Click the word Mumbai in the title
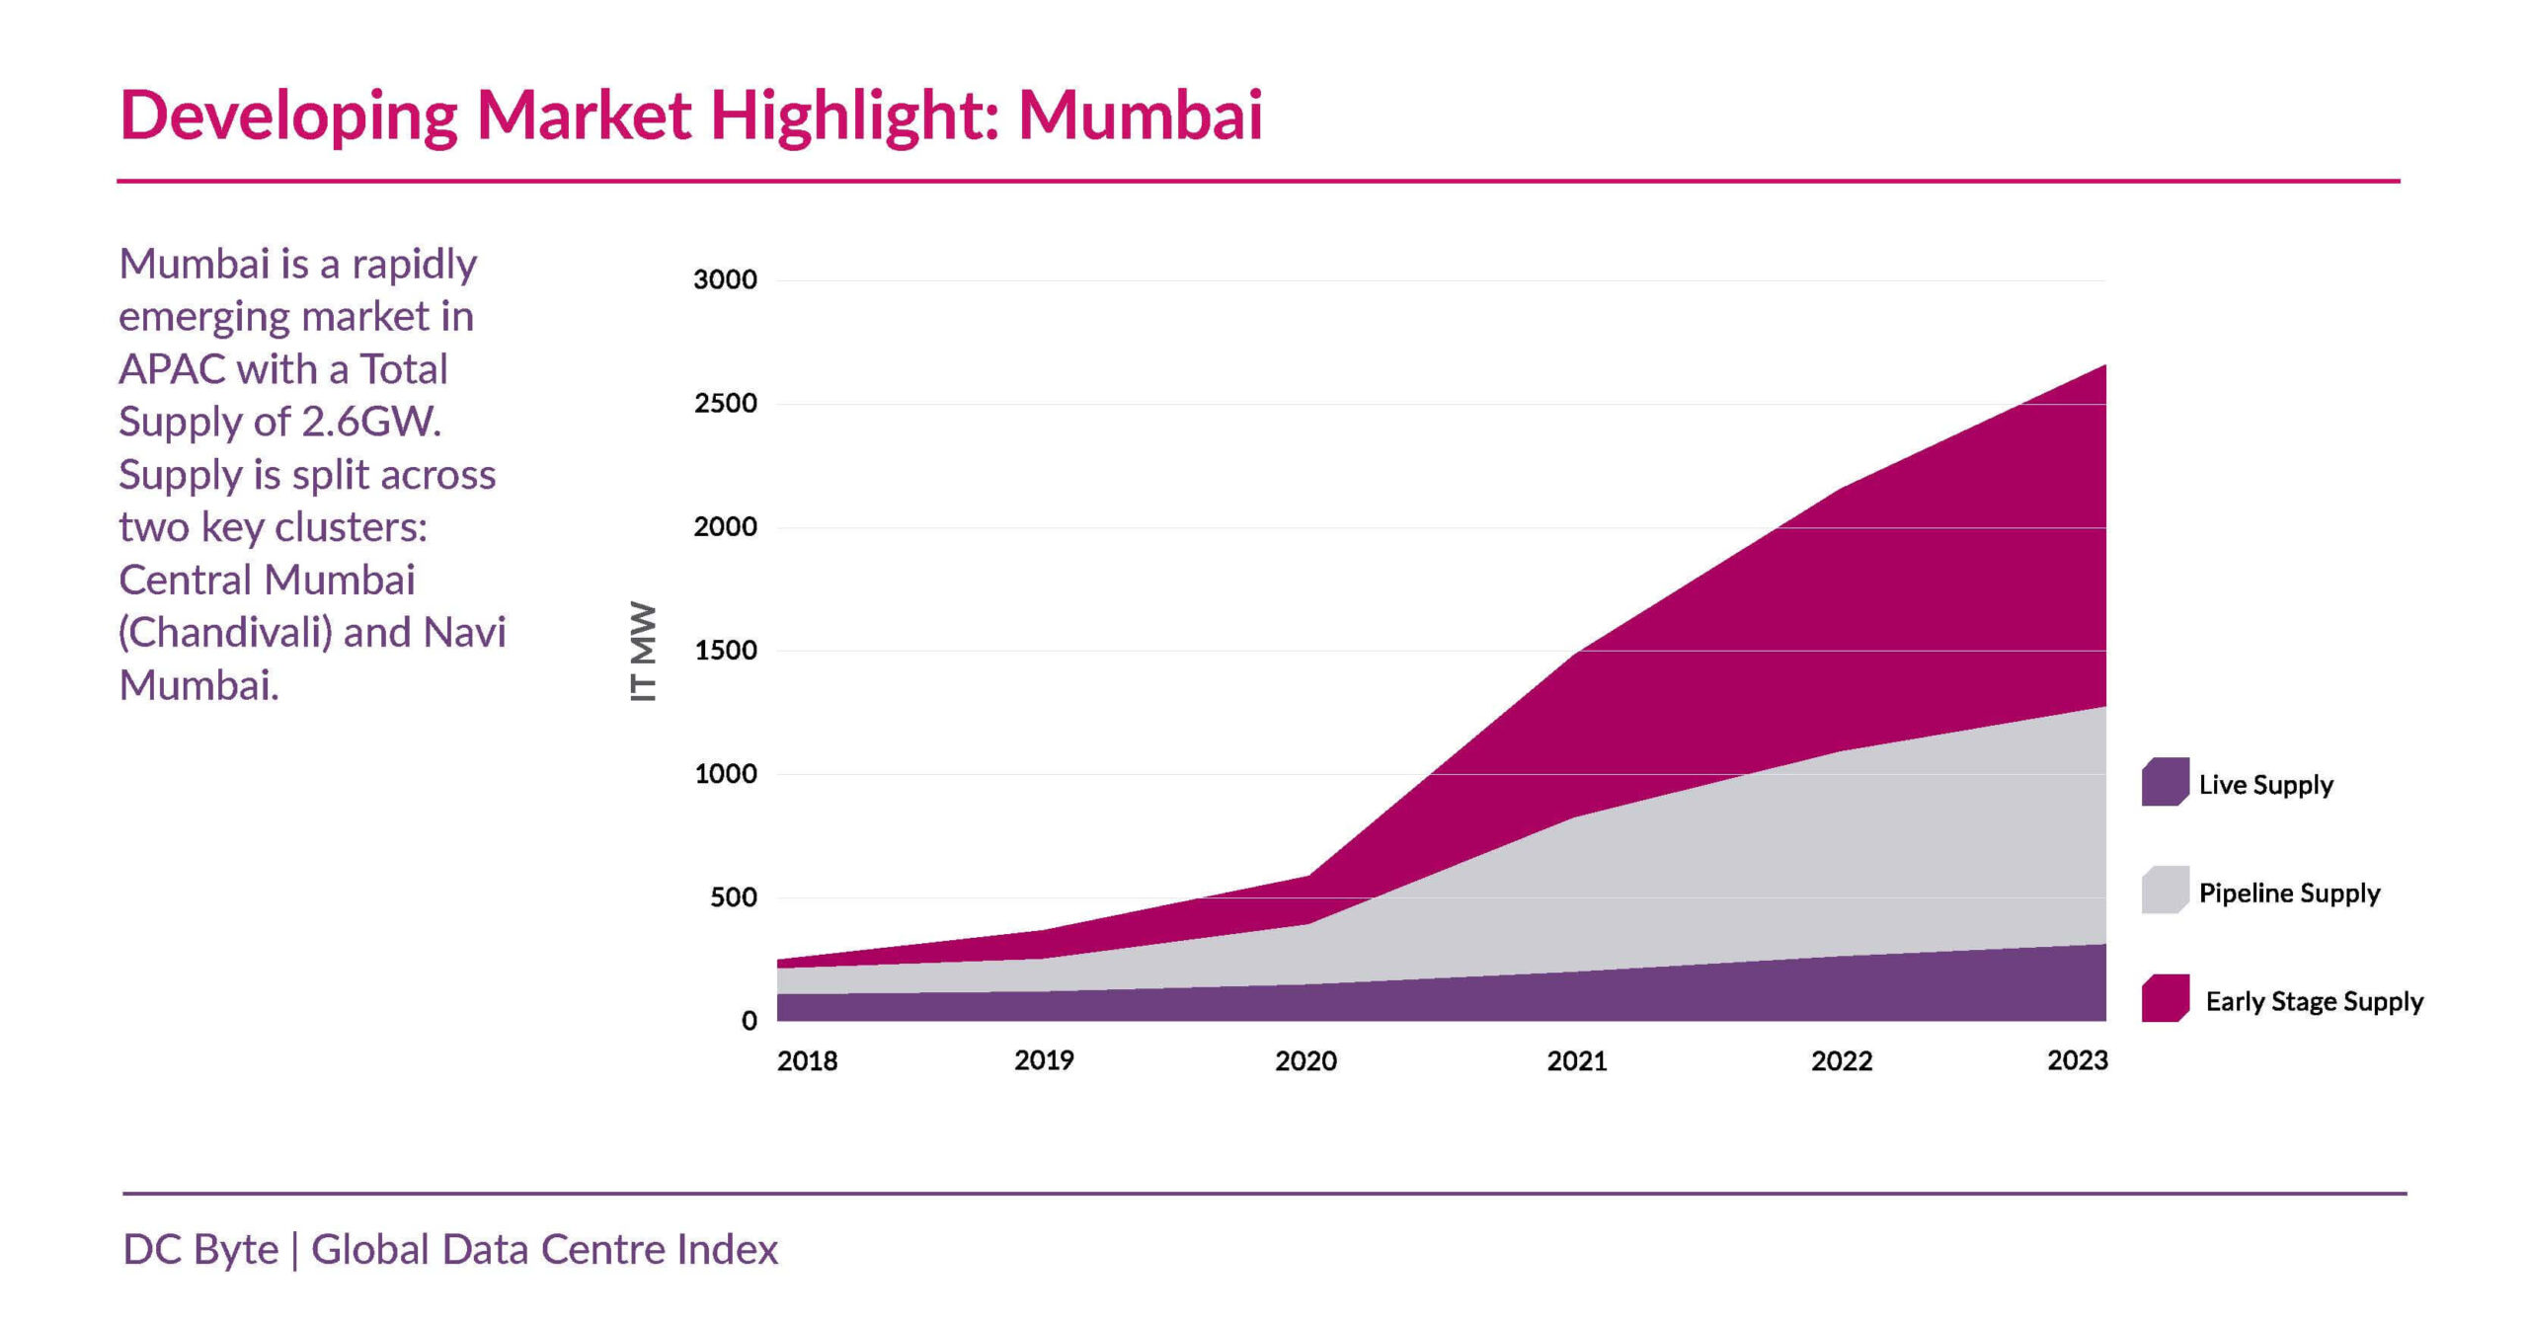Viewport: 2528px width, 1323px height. pyautogui.click(x=1140, y=116)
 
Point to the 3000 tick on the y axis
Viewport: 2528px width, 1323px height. pyautogui.click(x=725, y=279)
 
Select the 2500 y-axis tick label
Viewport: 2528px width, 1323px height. pyautogui.click(x=725, y=403)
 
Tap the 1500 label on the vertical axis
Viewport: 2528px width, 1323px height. pyautogui.click(x=725, y=650)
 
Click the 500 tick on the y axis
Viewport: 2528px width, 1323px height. pyautogui.click(x=733, y=897)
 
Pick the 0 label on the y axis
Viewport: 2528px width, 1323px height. pyautogui.click(x=750, y=1021)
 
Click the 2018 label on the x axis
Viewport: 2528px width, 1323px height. pyautogui.click(x=807, y=1061)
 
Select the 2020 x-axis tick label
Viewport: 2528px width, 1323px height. pyautogui.click(x=1305, y=1061)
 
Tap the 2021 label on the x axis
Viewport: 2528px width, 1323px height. pyautogui.click(x=1576, y=1061)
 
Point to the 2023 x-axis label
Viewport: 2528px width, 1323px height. pyautogui.click(x=2077, y=1060)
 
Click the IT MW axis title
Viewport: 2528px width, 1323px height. pyautogui.click(x=643, y=651)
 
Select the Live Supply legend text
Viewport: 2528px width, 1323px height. pyautogui.click(x=2265, y=785)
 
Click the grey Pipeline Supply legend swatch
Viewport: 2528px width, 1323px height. pyautogui.click(x=2165, y=891)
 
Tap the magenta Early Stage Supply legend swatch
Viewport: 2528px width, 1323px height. pyautogui.click(x=2165, y=998)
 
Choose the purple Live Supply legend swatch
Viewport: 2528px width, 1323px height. pyautogui.click(x=2165, y=782)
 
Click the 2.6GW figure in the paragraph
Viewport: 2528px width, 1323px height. pyautogui.click(x=370, y=423)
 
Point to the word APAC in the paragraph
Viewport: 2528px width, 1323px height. pyautogui.click(x=172, y=370)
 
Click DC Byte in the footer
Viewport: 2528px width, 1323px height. pyautogui.click(x=200, y=1250)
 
